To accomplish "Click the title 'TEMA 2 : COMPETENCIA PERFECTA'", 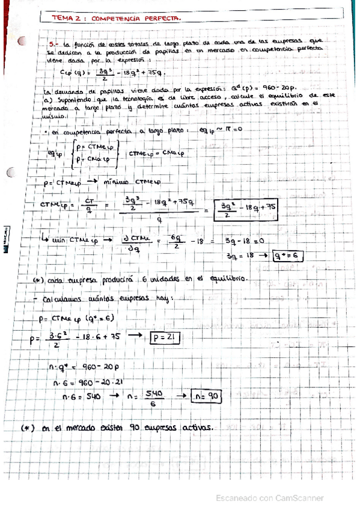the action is click(117, 19).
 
